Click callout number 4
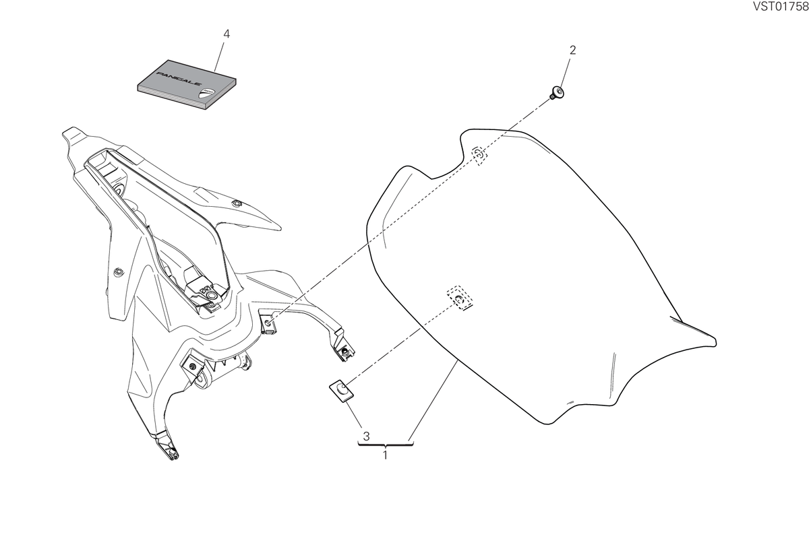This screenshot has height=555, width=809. coord(227,34)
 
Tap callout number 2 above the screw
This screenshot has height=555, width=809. coord(573,50)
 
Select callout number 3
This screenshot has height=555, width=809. coord(366,436)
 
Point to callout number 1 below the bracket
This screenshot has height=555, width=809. coord(386,455)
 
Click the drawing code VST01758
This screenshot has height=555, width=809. coord(781,7)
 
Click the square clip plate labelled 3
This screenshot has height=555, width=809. coord(341,390)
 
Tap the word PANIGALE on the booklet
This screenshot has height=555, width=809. coord(179,78)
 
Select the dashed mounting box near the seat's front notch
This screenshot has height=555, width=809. coord(479,155)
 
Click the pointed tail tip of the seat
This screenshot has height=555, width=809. coord(715,341)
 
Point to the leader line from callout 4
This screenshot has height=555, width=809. coord(219,57)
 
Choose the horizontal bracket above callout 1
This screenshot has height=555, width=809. coord(386,445)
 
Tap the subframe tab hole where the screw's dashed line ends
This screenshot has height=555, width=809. coord(268,322)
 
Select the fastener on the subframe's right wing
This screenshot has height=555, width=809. coord(237,203)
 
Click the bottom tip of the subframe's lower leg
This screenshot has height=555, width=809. coord(174,457)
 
